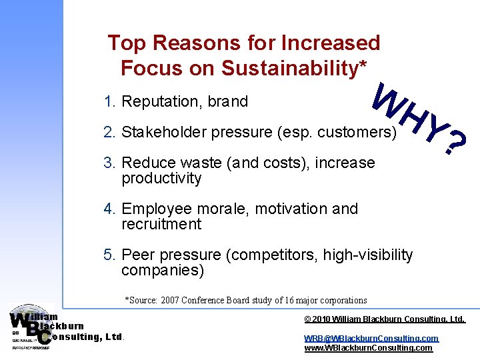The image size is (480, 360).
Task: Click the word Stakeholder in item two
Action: coord(165,133)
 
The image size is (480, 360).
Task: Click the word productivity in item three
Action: coord(161,179)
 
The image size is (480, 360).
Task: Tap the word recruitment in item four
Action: coord(161,225)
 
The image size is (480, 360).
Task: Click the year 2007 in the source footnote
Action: coord(169,301)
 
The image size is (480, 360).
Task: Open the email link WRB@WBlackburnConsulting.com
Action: coord(371,339)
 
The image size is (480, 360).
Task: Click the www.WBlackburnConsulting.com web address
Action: coord(368,348)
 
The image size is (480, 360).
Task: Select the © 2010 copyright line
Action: coord(385,320)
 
